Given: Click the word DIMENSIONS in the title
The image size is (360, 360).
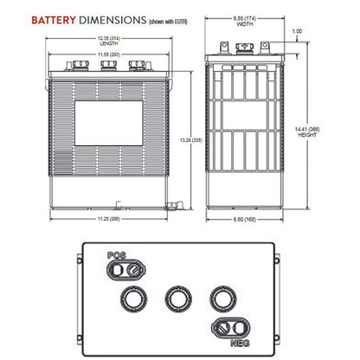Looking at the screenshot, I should (106, 18).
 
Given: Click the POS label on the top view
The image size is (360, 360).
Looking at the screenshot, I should (116, 255).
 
